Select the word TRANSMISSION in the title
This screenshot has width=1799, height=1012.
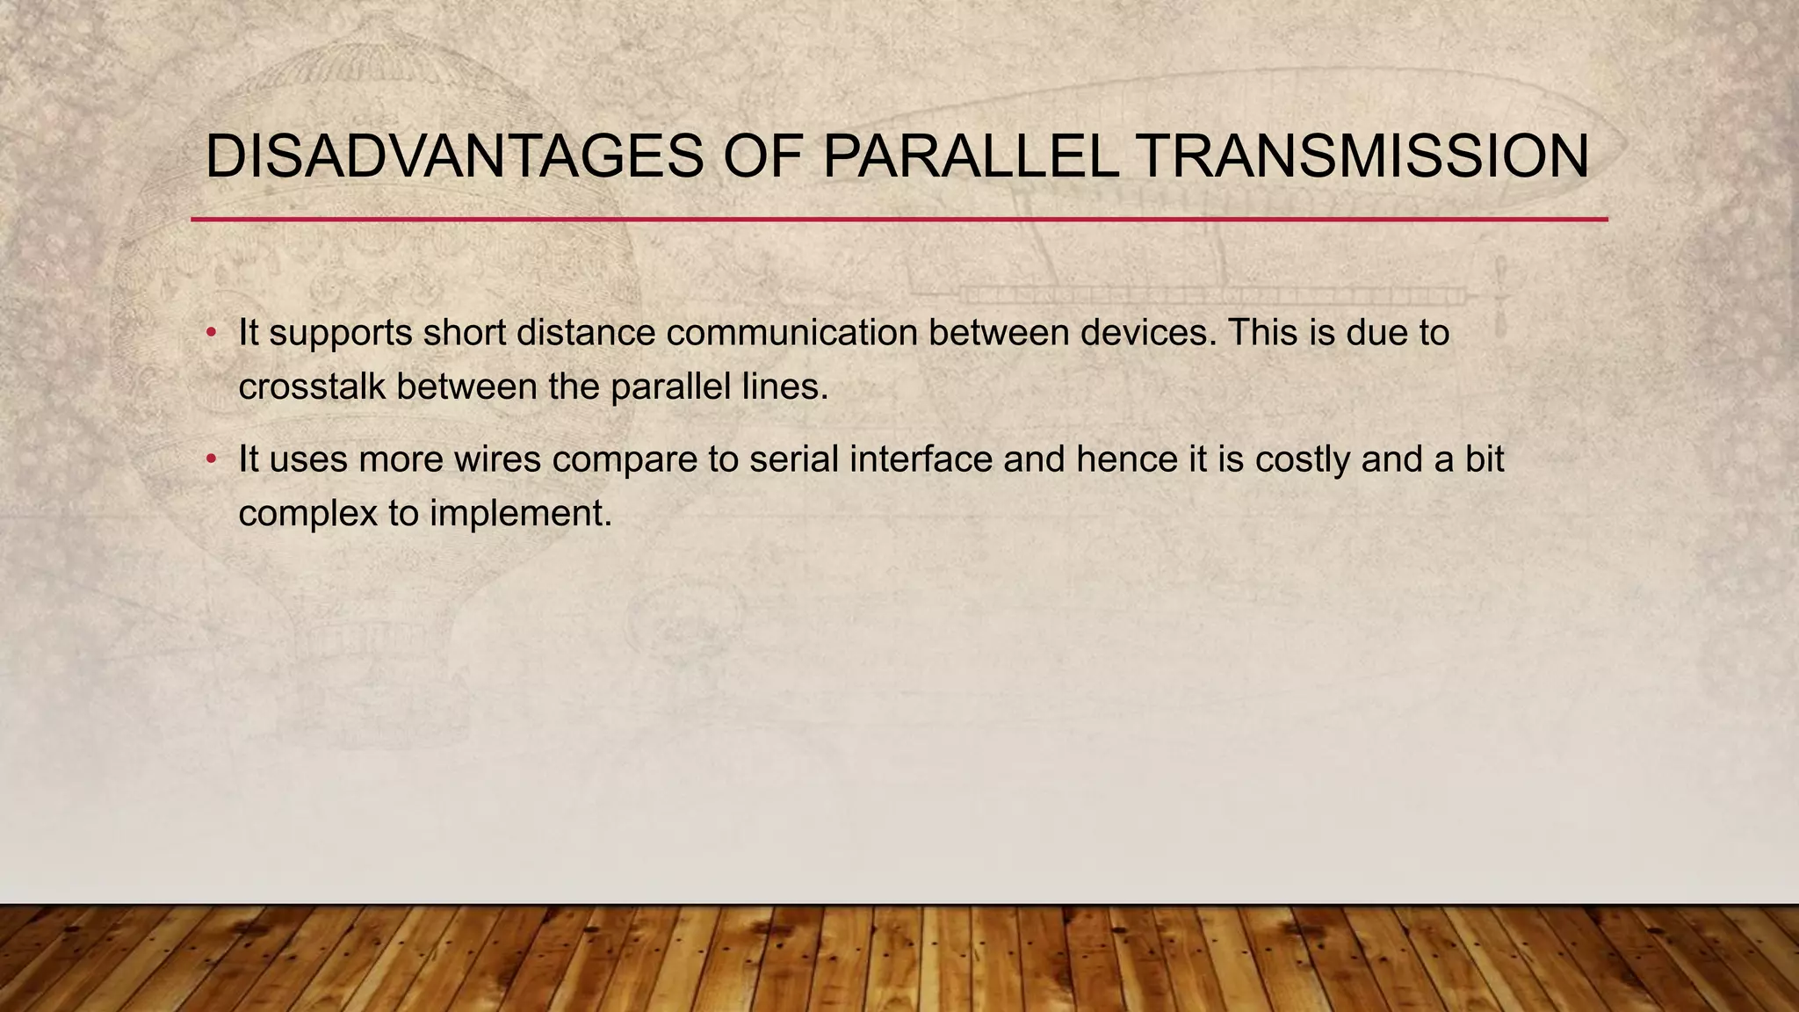(x=1362, y=157)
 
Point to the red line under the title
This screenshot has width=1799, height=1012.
(x=899, y=219)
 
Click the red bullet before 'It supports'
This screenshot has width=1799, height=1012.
(x=211, y=334)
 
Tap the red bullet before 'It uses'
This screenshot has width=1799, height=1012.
(x=211, y=459)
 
